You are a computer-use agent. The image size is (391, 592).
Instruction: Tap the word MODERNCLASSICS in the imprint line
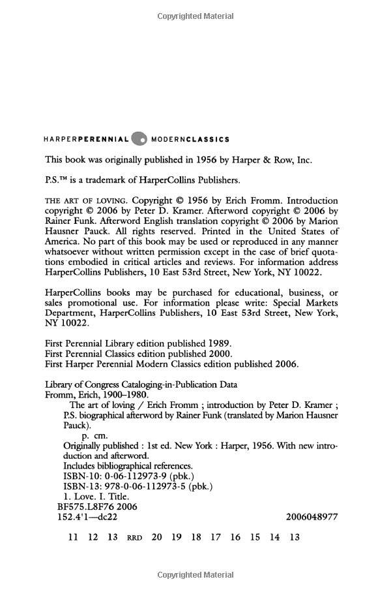point(190,139)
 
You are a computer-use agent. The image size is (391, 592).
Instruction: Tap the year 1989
point(218,342)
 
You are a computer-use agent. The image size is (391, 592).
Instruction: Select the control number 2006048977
point(311,517)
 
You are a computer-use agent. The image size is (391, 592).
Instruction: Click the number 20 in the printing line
point(156,538)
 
